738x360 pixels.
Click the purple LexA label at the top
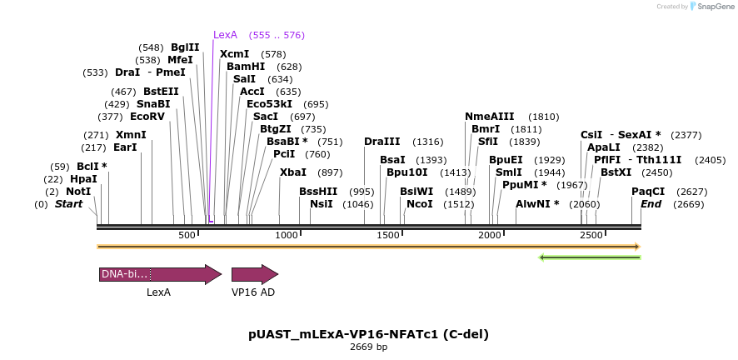click(225, 35)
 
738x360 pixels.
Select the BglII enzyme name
click(185, 47)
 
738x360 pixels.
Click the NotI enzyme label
click(78, 192)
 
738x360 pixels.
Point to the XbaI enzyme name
click(293, 172)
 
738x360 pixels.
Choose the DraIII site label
click(381, 142)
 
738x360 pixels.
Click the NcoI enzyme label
click(420, 204)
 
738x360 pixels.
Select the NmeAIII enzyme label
click(490, 117)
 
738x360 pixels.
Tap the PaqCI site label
click(648, 192)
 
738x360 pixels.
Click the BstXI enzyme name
click(617, 172)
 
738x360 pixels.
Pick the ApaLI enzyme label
click(604, 147)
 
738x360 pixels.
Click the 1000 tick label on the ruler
click(287, 236)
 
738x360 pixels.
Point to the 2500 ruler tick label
click(591, 236)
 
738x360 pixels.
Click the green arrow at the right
click(590, 257)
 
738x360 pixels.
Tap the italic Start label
click(68, 204)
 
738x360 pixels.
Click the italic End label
click(651, 204)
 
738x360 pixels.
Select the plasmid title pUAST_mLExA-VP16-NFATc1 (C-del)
click(368, 334)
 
